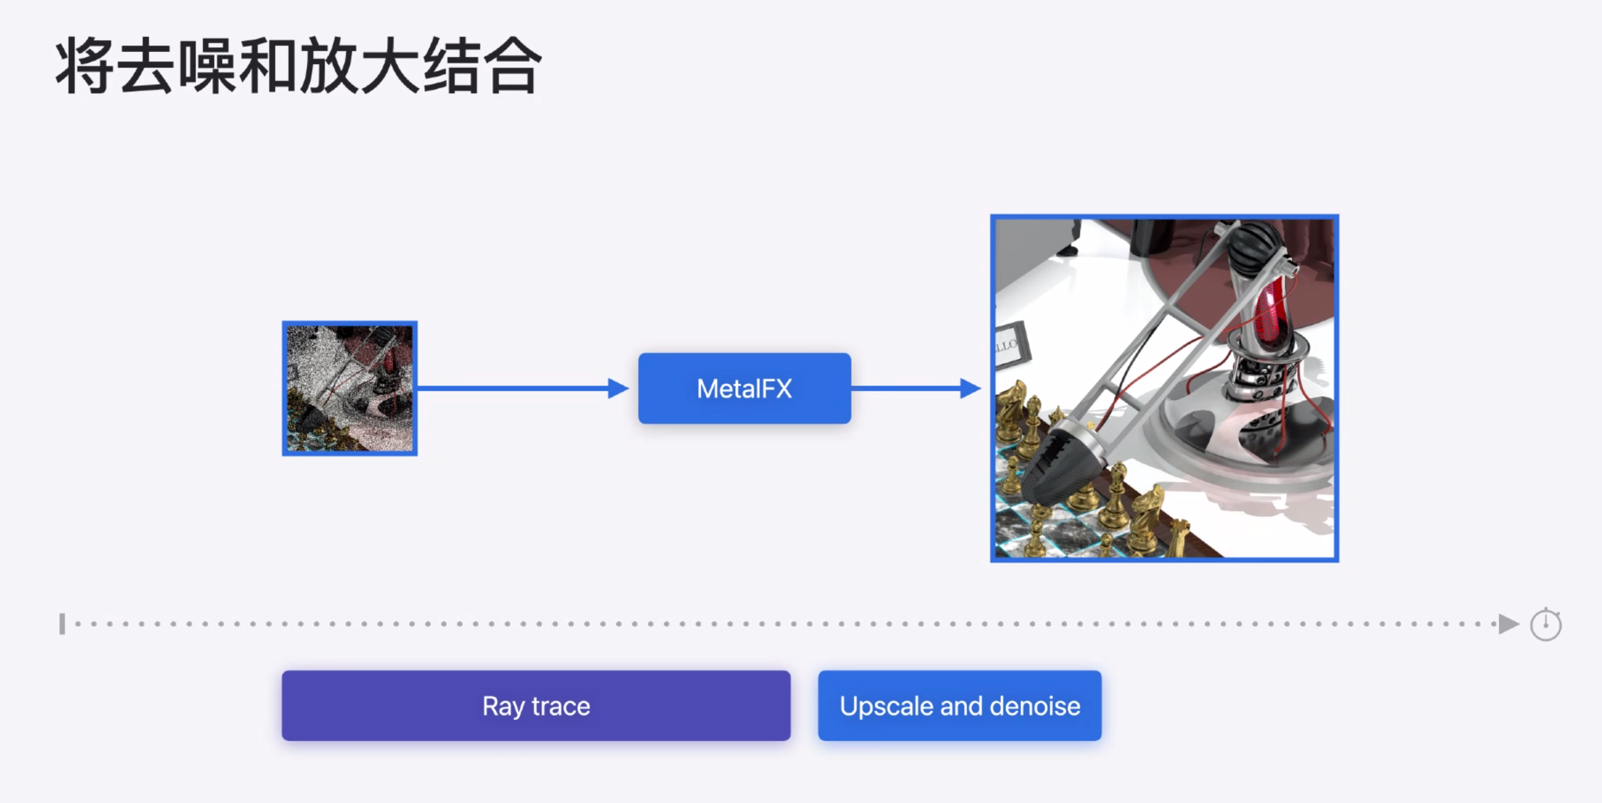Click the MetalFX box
pyautogui.click(x=744, y=389)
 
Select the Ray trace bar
pyautogui.click(x=536, y=706)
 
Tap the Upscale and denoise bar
pyautogui.click(x=959, y=706)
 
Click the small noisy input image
pyautogui.click(x=349, y=389)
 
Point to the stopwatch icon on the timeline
pyautogui.click(x=1545, y=625)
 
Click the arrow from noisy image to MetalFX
pyautogui.click(x=522, y=389)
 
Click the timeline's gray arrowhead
pyautogui.click(x=1508, y=624)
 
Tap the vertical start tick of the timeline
pyautogui.click(x=62, y=624)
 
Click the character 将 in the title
pyautogui.click(x=85, y=66)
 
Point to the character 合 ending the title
pyautogui.click(x=511, y=66)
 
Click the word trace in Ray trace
pyautogui.click(x=560, y=706)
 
